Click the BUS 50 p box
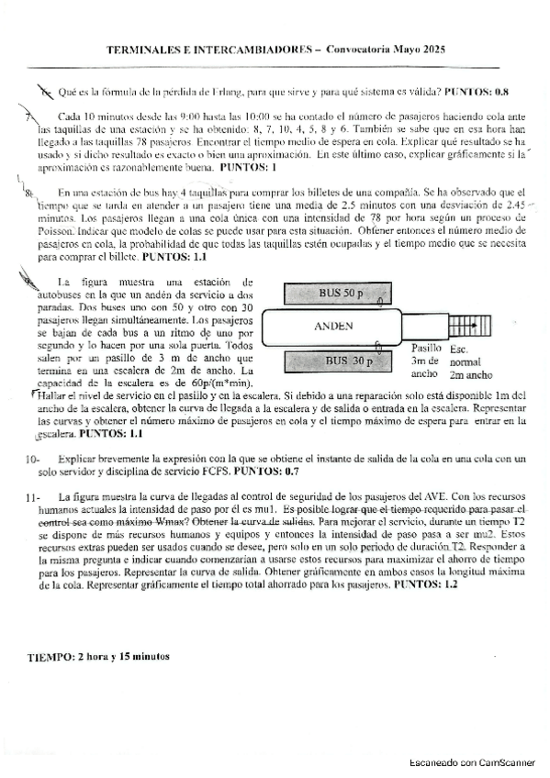click(342, 293)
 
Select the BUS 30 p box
click(340, 361)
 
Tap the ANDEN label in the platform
click(334, 327)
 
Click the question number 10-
click(32, 459)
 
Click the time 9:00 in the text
click(178, 118)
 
